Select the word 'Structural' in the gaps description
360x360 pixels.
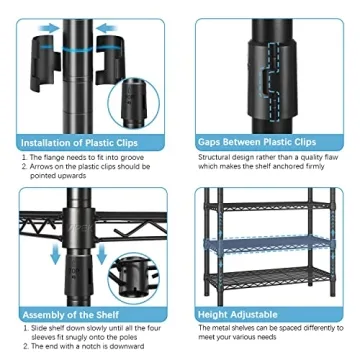[x=216, y=156]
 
